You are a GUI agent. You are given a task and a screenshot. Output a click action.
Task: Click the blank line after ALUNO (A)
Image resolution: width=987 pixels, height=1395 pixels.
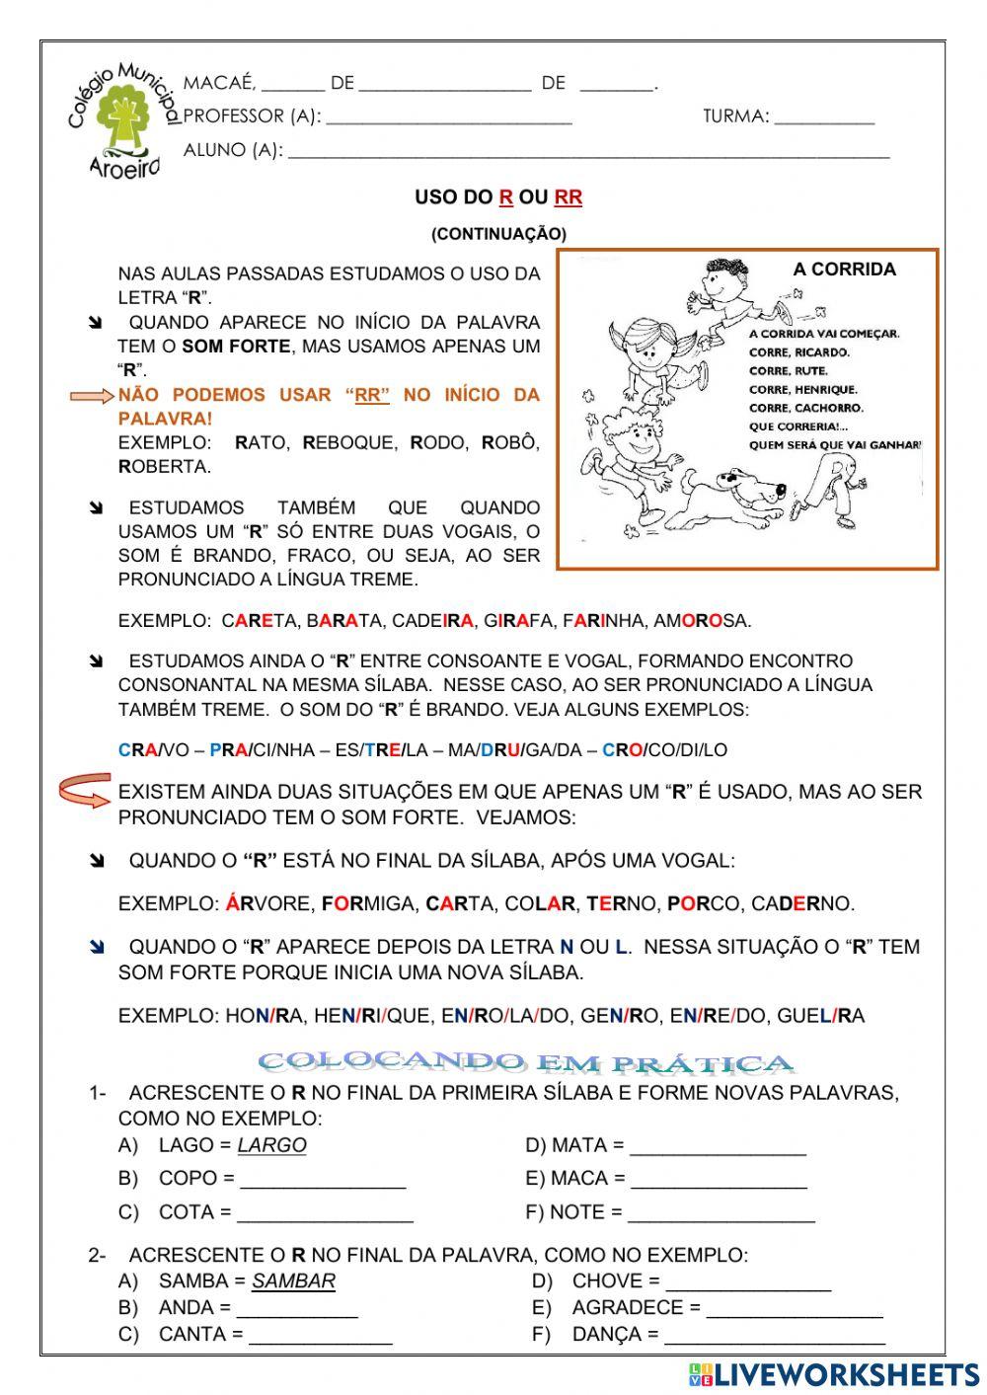point(587,152)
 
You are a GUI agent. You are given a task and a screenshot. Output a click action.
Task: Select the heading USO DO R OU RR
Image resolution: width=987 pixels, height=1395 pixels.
point(498,197)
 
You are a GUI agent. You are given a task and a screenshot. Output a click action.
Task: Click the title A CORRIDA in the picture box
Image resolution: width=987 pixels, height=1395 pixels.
point(844,270)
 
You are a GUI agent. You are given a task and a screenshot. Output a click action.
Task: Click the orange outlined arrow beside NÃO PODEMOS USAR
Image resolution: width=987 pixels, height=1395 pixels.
point(92,396)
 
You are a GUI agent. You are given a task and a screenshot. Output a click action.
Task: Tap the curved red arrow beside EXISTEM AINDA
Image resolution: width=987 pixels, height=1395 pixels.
point(85,791)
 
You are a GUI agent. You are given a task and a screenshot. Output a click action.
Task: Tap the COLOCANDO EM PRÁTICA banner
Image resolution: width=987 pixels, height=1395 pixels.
point(526,1063)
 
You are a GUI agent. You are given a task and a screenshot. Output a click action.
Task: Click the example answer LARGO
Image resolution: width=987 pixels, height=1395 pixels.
point(272,1145)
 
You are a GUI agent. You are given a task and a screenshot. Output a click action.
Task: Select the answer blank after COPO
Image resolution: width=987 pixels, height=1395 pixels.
point(323,1180)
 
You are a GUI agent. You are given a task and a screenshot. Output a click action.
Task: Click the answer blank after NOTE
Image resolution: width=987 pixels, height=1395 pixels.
point(721,1213)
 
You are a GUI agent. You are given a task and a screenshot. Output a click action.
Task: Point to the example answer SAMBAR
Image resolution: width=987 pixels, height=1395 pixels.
point(293,1280)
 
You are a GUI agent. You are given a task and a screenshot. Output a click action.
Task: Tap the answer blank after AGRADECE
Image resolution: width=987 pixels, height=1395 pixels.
point(795,1309)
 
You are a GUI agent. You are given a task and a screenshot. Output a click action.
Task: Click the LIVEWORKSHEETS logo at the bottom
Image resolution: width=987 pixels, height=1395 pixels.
point(834,1373)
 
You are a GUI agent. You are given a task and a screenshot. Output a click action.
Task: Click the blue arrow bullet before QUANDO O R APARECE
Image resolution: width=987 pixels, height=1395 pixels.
point(97,948)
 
